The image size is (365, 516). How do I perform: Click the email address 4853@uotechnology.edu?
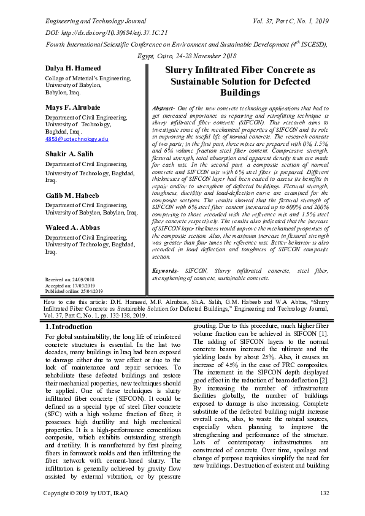coord(77,139)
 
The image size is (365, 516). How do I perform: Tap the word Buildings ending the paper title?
coord(240,93)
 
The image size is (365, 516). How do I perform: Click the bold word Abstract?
coord(163,108)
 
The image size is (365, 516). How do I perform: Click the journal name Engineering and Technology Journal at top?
coord(92,20)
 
